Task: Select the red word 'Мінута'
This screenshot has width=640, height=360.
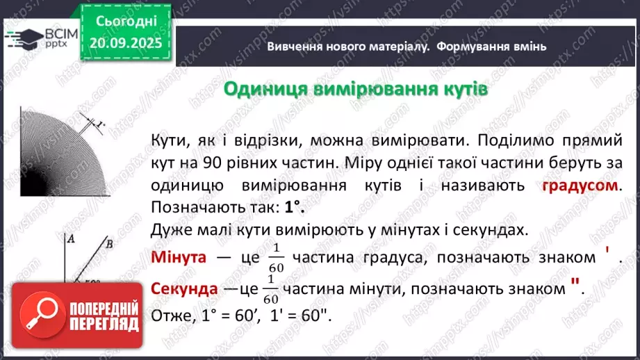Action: pos(179,257)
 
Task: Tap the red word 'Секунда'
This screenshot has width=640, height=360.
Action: pos(183,288)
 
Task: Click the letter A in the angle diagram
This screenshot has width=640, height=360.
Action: pos(70,238)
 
